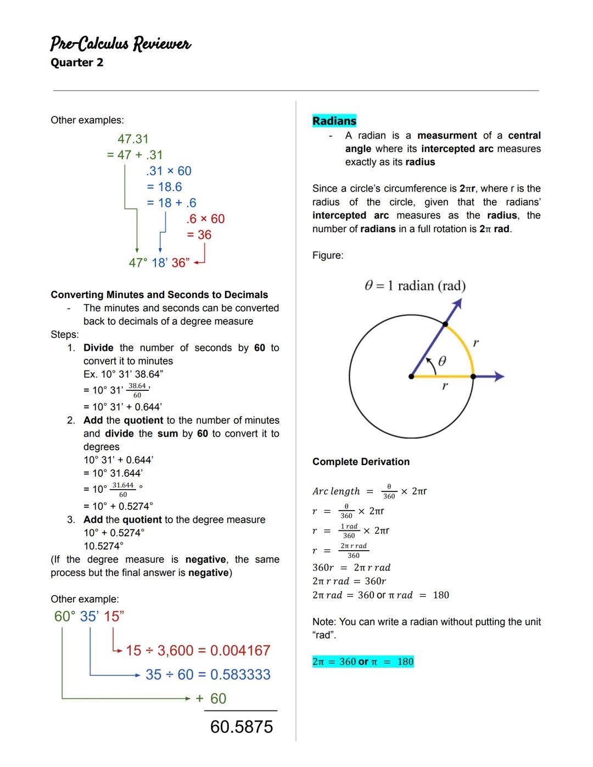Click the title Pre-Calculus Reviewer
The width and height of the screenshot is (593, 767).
coord(120,43)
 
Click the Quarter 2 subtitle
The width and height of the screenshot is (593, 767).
coord(77,63)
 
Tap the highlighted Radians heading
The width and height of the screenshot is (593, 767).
coord(334,121)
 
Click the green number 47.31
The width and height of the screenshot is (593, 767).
coord(133,139)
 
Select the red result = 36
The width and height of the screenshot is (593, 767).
coord(199,235)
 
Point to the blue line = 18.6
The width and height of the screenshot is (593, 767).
coord(164,187)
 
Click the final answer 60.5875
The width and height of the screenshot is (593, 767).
coord(241,726)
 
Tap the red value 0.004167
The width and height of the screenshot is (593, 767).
coord(240,651)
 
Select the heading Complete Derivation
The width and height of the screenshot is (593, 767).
coord(361,462)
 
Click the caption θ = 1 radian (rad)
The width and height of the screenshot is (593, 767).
coord(415,285)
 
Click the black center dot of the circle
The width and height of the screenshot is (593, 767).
coord(411,377)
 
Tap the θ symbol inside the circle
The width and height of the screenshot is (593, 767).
coord(442,361)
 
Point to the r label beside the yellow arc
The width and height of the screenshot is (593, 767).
coord(475,343)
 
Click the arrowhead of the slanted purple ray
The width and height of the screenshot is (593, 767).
coord(456,304)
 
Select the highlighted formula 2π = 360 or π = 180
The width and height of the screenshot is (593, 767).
coord(362,662)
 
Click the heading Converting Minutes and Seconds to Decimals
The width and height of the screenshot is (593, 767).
coord(159,295)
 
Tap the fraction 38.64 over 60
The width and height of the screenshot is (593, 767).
coord(137,390)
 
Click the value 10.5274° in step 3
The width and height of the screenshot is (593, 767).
coord(103,546)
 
